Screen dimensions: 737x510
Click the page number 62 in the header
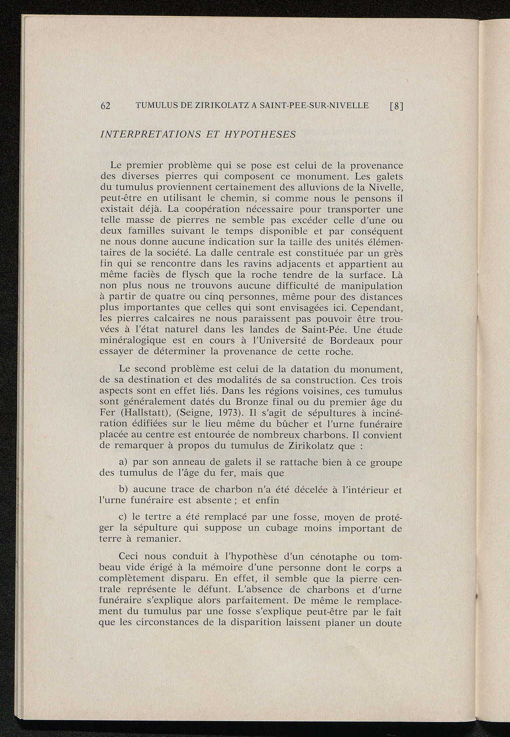point(105,106)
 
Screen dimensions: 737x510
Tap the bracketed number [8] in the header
point(396,106)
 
